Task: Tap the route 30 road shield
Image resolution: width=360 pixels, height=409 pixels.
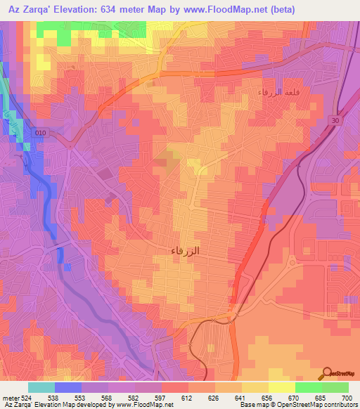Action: coord(336,120)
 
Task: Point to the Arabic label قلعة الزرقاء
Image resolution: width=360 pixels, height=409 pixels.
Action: coord(280,92)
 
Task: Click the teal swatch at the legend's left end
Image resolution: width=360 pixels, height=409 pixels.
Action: coord(41,387)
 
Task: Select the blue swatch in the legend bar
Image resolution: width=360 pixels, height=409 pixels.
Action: coord(68,387)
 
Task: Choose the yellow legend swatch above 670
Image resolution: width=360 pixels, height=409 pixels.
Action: coord(282,387)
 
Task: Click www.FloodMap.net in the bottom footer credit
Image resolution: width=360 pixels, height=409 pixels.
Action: coord(144,405)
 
